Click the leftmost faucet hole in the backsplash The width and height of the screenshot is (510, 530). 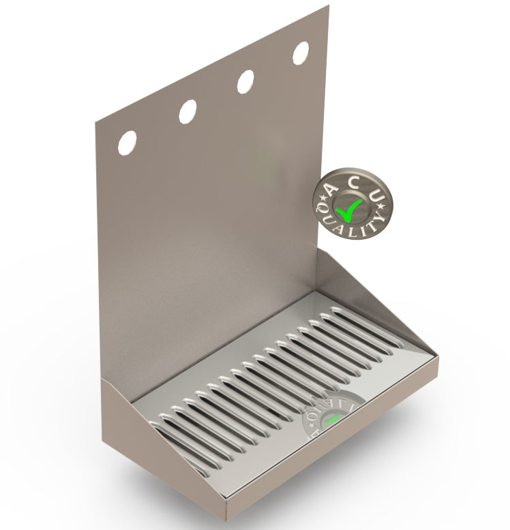click(x=127, y=141)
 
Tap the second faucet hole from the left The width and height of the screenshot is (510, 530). click(x=187, y=111)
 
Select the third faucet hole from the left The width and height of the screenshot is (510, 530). click(x=245, y=81)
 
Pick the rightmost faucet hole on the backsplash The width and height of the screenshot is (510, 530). click(x=301, y=52)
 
